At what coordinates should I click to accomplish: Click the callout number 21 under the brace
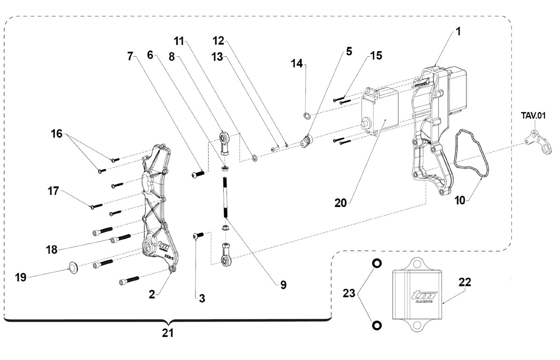pos(167,333)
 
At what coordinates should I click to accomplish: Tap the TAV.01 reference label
pos(533,116)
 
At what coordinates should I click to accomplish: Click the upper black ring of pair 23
pos(377,264)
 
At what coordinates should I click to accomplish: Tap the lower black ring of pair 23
pos(377,325)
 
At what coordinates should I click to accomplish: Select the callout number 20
pos(341,203)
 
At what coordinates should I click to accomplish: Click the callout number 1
pos(458,32)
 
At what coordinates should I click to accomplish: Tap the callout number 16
pos(57,134)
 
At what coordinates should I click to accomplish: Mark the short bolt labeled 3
pos(198,235)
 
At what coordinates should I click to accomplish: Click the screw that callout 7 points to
pos(198,174)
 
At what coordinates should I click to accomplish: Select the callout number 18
pos(52,250)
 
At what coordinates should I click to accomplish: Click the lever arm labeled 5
pos(306,141)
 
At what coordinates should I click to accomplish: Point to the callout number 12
pos(218,41)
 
